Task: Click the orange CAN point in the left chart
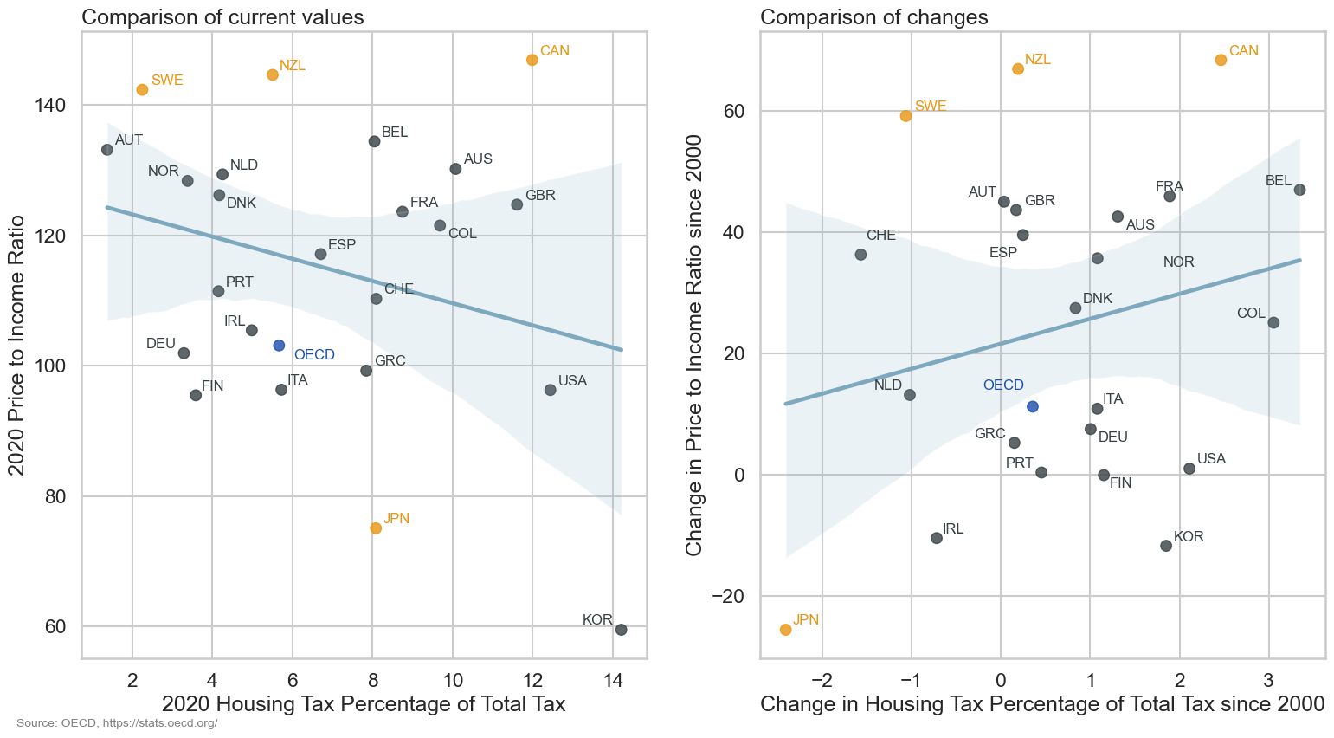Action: pyautogui.click(x=532, y=60)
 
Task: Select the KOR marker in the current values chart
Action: pyautogui.click(x=621, y=630)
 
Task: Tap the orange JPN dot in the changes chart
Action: pyautogui.click(x=785, y=630)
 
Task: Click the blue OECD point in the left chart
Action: pyautogui.click(x=279, y=346)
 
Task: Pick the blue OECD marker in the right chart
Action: pyautogui.click(x=1032, y=406)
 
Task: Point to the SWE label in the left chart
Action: pyautogui.click(x=167, y=81)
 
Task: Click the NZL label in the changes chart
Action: pyautogui.click(x=1037, y=60)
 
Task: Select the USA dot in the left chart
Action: pyautogui.click(x=550, y=390)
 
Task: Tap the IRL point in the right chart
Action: pyautogui.click(x=936, y=538)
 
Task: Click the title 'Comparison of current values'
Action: pyautogui.click(x=222, y=17)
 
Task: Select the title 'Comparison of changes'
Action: pyautogui.click(x=873, y=17)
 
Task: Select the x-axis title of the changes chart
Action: pyautogui.click(x=1042, y=704)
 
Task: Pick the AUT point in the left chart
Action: pyautogui.click(x=107, y=150)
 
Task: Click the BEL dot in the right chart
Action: pyautogui.click(x=1299, y=190)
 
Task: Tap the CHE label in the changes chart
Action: pyautogui.click(x=880, y=236)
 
